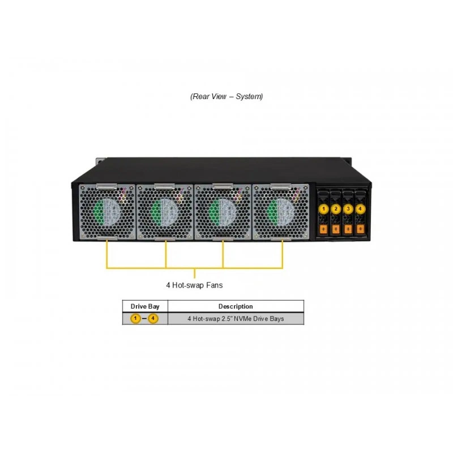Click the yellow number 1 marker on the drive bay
click(x=323, y=208)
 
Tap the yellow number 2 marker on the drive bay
click(x=336, y=208)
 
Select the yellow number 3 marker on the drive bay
click(x=348, y=208)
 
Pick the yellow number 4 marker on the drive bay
click(x=360, y=208)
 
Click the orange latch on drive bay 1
click(x=323, y=229)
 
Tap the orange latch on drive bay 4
click(x=360, y=229)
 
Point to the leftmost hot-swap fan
click(x=107, y=212)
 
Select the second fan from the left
click(x=165, y=212)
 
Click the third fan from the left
click(x=223, y=212)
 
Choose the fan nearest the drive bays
click(x=281, y=212)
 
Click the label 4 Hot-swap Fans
click(x=194, y=285)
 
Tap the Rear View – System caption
click(x=226, y=96)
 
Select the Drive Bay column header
click(x=145, y=306)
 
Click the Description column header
click(x=236, y=306)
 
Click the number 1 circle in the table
click(x=135, y=319)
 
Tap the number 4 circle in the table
click(x=153, y=319)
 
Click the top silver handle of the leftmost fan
click(x=106, y=187)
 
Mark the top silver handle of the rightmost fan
click(x=281, y=187)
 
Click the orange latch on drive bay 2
click(x=335, y=229)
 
